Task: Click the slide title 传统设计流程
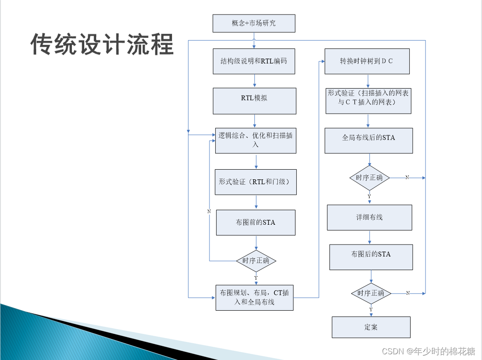(102, 45)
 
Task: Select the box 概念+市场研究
(254, 23)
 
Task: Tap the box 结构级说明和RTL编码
(254, 61)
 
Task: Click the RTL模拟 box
(254, 101)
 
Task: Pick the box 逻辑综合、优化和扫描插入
(255, 141)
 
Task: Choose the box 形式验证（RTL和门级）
(256, 182)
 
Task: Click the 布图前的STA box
(255, 223)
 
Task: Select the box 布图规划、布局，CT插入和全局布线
(254, 297)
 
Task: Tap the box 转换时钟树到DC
(367, 61)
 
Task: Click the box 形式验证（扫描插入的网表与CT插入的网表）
(368, 101)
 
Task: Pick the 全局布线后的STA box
(369, 141)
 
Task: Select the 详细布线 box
(370, 217)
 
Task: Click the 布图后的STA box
(371, 257)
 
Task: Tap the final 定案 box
(371, 327)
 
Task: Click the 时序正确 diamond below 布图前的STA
(256, 261)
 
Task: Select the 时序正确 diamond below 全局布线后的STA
(370, 178)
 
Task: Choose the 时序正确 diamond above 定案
(371, 293)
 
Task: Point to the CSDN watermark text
(428, 351)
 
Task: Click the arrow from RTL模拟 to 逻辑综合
(255, 121)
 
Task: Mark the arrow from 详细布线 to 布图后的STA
(370, 238)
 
